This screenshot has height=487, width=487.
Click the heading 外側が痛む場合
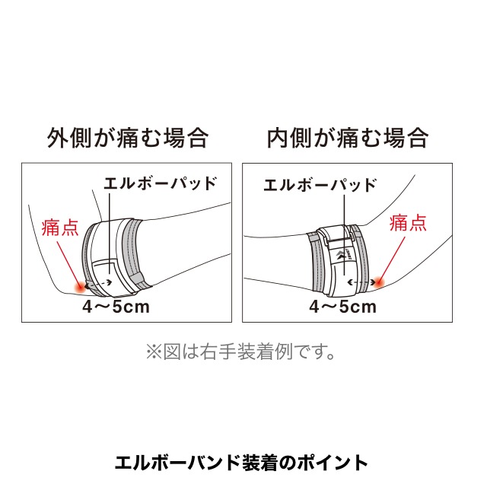(x=128, y=138)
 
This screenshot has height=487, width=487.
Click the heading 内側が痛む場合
(x=348, y=138)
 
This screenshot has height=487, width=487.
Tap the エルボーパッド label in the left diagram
(x=160, y=183)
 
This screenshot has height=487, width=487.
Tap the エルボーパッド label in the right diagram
(x=320, y=185)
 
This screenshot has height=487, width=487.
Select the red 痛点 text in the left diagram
(x=60, y=228)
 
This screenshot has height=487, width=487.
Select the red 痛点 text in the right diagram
(x=408, y=223)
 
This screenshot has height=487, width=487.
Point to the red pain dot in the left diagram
(x=80, y=286)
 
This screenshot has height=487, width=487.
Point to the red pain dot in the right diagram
(x=379, y=282)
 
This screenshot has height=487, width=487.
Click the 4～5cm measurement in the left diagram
(x=116, y=307)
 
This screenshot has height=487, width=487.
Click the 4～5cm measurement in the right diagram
(x=343, y=307)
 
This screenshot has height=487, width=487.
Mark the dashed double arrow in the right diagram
(x=361, y=282)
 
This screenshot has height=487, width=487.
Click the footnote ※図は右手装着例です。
(x=240, y=352)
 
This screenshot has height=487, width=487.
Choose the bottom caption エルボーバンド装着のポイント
(x=242, y=463)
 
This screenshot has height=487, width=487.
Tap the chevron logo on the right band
(x=339, y=255)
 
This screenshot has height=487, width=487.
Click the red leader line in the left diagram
(x=68, y=263)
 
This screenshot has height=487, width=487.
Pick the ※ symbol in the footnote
(x=154, y=352)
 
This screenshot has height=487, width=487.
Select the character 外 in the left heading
(x=58, y=138)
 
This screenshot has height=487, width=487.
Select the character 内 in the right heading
(x=279, y=138)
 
